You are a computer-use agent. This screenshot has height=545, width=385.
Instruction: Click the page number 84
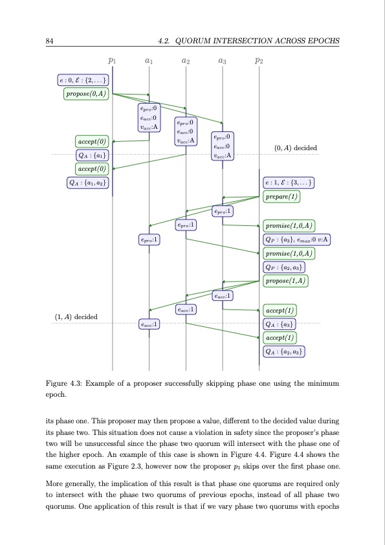pos(49,42)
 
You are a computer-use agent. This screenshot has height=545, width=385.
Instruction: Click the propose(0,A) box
pos(87,94)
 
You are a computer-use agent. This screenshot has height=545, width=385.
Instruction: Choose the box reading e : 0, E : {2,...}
pos(83,81)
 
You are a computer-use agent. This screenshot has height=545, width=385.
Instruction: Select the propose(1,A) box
pos(286,280)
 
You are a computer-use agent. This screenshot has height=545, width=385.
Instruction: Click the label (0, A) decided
pos(296,148)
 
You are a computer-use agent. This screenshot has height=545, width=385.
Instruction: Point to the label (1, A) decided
pos(76,317)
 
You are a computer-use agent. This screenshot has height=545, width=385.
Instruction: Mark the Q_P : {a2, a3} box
pos(285,267)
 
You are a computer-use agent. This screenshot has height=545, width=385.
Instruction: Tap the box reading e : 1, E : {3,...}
pos(288,183)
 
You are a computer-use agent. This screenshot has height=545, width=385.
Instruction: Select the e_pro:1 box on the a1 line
pos(149,239)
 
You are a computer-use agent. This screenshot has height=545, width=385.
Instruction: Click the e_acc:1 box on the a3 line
pos(223,296)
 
